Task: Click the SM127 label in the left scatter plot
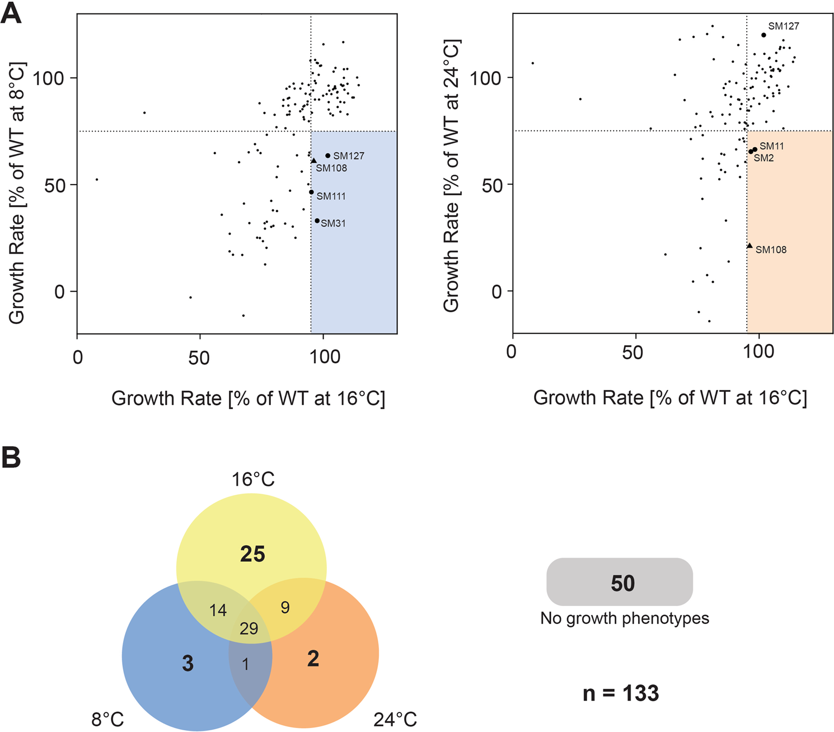coord(348,156)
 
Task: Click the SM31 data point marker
coord(317,221)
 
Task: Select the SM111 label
coord(331,196)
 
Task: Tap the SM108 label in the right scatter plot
coord(771,250)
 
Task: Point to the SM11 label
coord(771,147)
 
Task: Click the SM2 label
coord(763,158)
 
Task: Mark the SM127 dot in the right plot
coord(763,35)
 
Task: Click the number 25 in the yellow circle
coord(252,554)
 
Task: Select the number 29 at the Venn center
coord(249,628)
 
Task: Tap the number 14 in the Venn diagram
coord(218,610)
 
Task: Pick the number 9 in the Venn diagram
coord(285,608)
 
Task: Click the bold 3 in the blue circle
coord(188,664)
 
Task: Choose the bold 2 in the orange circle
coord(313,659)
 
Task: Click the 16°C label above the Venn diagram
coord(253,480)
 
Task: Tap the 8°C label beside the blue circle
coord(107,719)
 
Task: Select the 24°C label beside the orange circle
coord(395,719)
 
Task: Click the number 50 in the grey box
coord(622,583)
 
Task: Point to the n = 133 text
coord(621,693)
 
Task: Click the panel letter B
coord(11,457)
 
